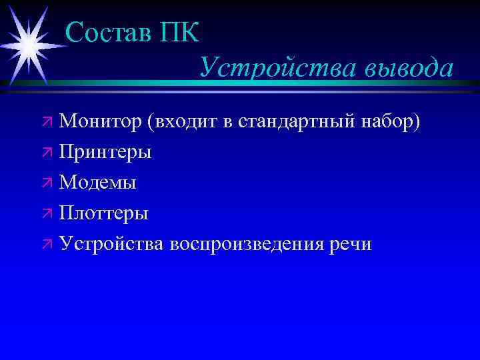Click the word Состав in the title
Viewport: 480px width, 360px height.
[x=109, y=32]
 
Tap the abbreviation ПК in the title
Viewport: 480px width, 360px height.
[x=179, y=32]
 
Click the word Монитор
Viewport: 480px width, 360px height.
[x=100, y=122]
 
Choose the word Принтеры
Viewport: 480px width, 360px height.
[x=105, y=153]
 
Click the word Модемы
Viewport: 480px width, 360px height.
[x=97, y=183]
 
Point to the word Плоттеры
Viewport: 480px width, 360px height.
[x=103, y=213]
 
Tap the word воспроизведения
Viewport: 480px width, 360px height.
[x=246, y=244]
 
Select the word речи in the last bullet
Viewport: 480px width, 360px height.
[x=351, y=244]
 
